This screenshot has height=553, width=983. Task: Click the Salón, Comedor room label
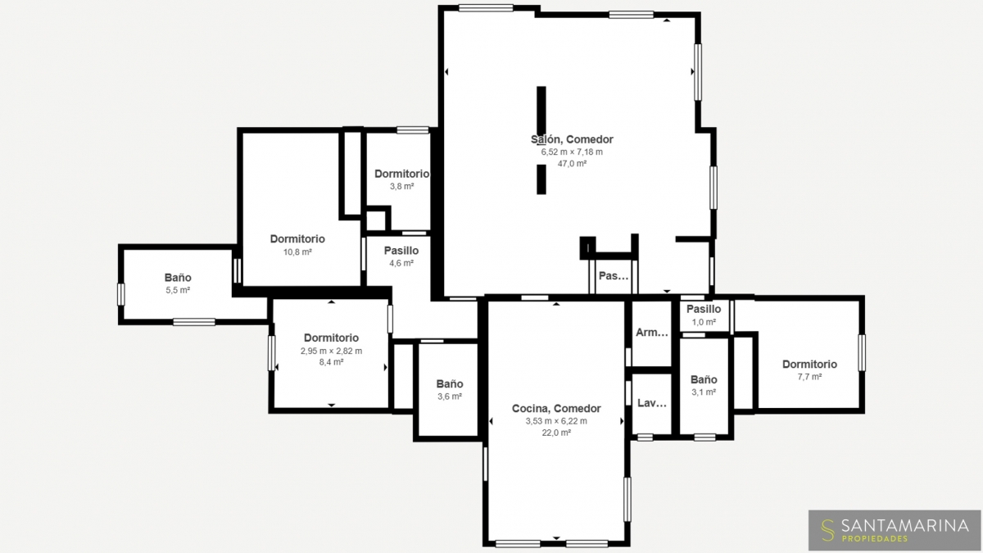[572, 139]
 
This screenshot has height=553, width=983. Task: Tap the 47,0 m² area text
[572, 164]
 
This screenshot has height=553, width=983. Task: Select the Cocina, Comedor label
[556, 409]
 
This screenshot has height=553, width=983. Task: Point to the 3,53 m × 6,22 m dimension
[556, 421]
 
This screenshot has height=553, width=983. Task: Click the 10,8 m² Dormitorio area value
[297, 252]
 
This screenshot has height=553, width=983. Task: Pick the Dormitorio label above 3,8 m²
[401, 174]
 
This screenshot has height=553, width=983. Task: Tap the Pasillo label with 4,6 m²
[401, 251]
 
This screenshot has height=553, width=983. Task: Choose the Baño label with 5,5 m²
[178, 278]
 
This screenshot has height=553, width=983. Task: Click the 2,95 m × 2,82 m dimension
[331, 351]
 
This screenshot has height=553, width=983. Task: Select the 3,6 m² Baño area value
[450, 397]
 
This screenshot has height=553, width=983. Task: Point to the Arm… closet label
[652, 333]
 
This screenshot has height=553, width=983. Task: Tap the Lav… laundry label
[652, 403]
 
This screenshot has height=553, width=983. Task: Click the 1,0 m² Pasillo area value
[704, 322]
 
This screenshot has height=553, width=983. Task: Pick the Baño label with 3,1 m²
[704, 379]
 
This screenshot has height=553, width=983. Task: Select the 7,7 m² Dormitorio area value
[809, 377]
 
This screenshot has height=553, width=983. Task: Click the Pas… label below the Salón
[614, 276]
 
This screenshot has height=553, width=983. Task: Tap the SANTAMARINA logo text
[905, 525]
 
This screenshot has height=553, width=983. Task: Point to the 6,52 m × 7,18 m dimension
[572, 152]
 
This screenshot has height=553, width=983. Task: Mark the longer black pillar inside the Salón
[541, 111]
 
